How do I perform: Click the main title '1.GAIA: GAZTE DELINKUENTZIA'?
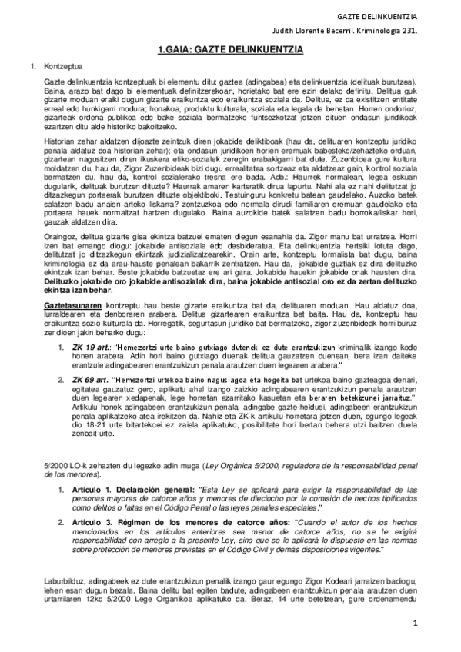pos(230,49)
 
